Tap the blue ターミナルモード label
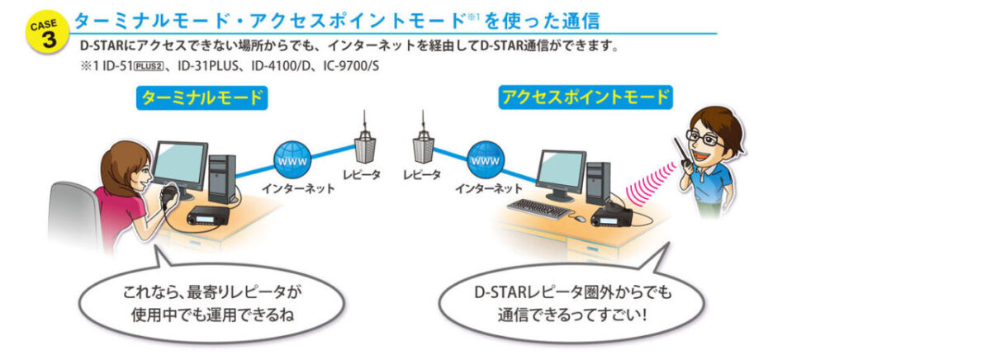point(202,98)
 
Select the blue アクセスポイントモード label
point(585,98)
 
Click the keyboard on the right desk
point(538,208)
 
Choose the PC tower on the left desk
point(220,178)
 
